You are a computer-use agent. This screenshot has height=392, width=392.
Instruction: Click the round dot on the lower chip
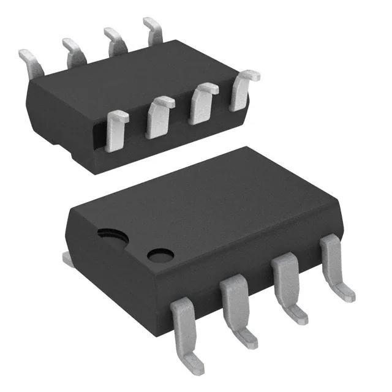pos(160,254)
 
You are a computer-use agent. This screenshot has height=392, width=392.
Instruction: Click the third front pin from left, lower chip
pos(284,275)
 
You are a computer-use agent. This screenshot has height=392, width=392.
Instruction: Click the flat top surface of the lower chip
pos(208,202)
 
